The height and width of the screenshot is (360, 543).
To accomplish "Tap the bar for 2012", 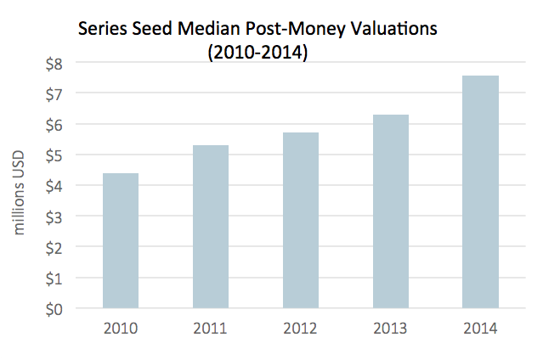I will (x=300, y=221).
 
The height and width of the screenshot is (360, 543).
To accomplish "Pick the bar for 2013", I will (x=390, y=211).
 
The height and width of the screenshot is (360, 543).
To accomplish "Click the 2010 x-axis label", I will (x=120, y=329).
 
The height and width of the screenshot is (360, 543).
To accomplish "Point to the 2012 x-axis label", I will (x=300, y=329).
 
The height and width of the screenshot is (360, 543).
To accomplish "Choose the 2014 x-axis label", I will (x=480, y=329).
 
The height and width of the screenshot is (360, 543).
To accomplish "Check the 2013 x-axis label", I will (x=390, y=329).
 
